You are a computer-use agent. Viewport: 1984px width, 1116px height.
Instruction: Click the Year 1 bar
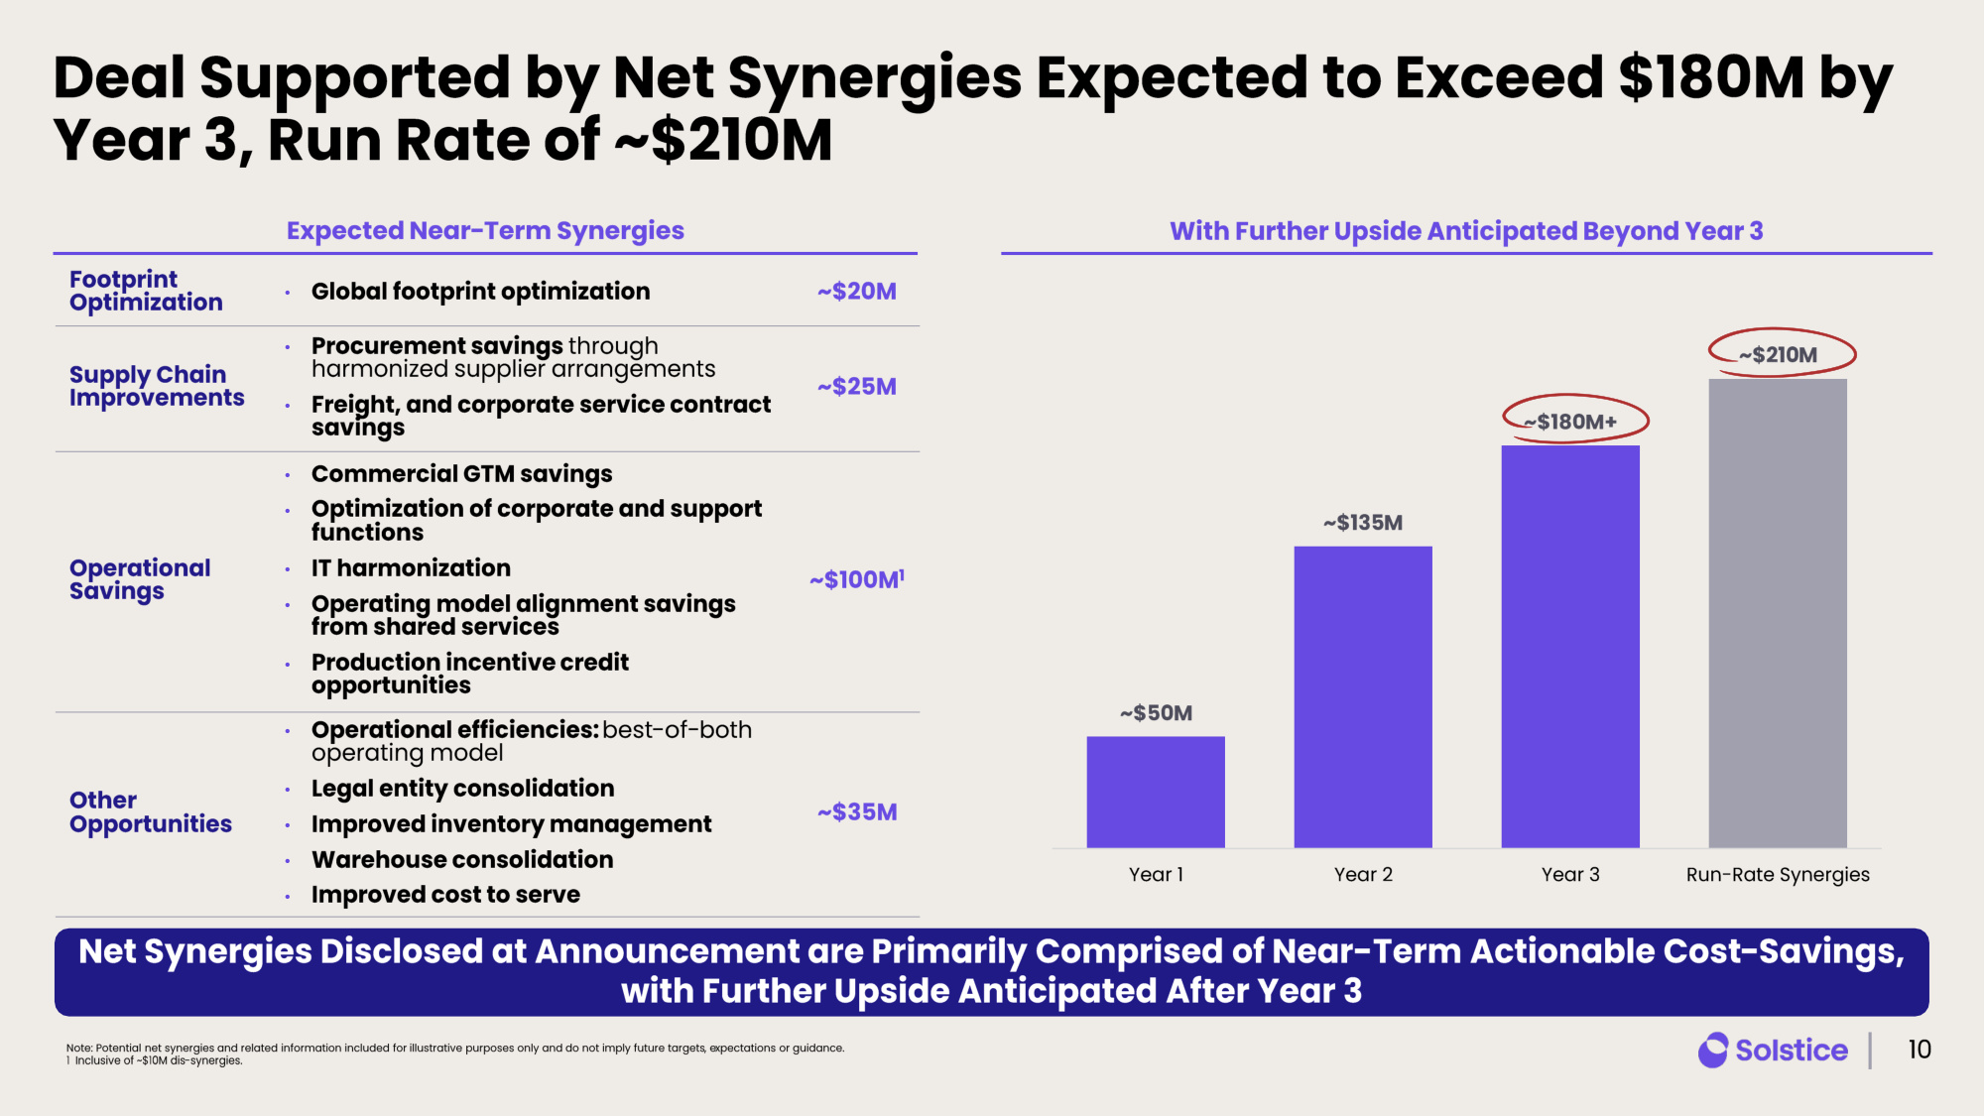pos(1156,792)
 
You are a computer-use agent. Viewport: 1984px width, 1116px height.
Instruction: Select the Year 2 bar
pos(1363,696)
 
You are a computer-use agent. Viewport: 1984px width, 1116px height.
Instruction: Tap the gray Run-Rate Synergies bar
pos(1778,613)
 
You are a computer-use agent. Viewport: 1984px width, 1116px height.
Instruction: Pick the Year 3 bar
pos(1570,647)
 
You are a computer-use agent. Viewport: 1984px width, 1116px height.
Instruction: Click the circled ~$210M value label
pos(1778,354)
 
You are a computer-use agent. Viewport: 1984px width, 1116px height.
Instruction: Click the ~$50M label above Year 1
pos(1156,712)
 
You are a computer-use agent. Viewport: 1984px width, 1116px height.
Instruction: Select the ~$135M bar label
pos(1363,522)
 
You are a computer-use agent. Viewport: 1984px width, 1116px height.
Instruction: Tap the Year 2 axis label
pos(1363,874)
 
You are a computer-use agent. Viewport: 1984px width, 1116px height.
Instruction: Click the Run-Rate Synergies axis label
pos(1778,874)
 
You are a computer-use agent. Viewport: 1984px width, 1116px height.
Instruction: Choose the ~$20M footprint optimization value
pos(857,291)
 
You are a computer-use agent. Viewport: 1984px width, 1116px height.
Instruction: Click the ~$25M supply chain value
pos(857,386)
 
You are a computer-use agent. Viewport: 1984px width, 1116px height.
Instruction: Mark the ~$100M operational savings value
pos(857,578)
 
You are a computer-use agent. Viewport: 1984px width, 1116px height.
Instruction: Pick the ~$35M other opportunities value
pos(857,811)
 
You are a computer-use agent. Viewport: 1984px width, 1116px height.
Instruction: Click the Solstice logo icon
pos(1713,1050)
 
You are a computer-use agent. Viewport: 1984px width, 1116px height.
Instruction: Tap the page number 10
pos(1920,1050)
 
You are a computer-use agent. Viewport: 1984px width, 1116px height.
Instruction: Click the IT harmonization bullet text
pos(411,567)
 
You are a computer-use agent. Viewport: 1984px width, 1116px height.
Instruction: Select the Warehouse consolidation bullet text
pos(462,859)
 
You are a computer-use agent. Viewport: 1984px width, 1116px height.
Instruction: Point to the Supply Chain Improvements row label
pos(157,386)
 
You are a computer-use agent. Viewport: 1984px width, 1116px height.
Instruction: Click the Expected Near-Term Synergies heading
pos(485,230)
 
